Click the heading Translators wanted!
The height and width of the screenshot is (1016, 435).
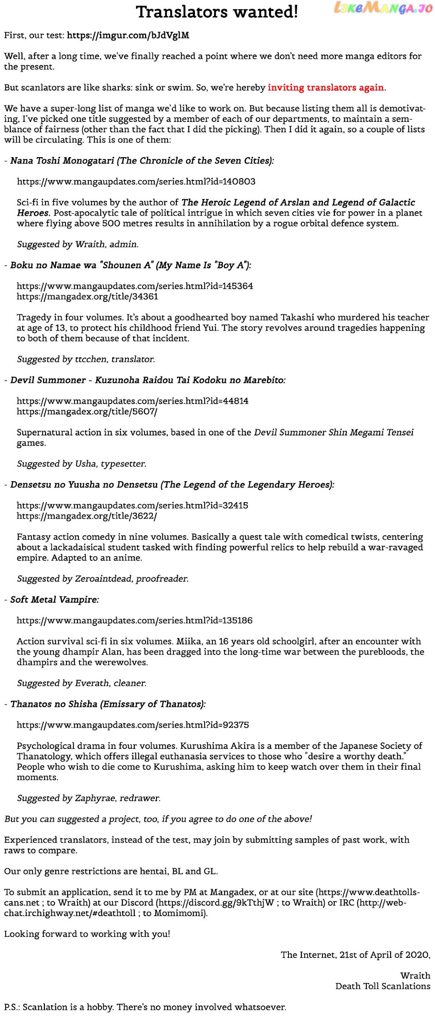click(x=217, y=12)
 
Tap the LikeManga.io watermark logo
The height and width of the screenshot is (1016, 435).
click(x=383, y=8)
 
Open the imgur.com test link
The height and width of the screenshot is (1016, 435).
click(x=128, y=36)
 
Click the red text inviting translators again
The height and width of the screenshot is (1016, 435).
click(x=326, y=87)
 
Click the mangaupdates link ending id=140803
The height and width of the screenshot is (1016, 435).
click(x=136, y=182)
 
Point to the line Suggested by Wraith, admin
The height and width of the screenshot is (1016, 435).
click(x=78, y=245)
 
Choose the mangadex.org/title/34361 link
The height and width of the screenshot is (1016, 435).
click(x=87, y=297)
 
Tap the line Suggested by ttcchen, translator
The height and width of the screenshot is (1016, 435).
click(x=86, y=359)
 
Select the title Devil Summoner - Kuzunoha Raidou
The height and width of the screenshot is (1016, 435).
click(x=148, y=380)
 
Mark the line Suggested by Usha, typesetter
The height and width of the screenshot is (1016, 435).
click(x=82, y=464)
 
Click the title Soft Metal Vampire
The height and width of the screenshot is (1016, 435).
click(x=54, y=600)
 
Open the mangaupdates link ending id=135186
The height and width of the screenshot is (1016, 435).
click(x=135, y=621)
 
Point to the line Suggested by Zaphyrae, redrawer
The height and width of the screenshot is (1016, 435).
click(x=89, y=798)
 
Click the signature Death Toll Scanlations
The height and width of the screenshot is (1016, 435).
click(x=383, y=986)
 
